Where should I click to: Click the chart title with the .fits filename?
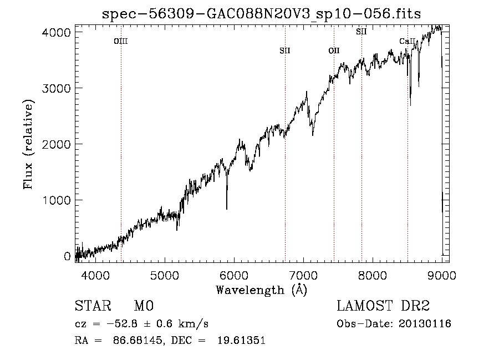(x=261, y=14)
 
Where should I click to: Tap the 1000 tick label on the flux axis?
(x=56, y=200)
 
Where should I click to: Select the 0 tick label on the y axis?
(x=67, y=256)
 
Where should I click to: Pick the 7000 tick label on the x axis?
(x=303, y=275)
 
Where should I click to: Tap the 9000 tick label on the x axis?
(x=442, y=275)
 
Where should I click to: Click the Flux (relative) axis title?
(x=28, y=145)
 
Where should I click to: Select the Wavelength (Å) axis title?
(x=262, y=290)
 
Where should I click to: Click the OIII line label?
(x=121, y=41)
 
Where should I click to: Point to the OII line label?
(x=334, y=50)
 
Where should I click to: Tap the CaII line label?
(x=408, y=41)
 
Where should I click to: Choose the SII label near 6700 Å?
(x=285, y=50)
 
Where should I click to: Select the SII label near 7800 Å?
(x=361, y=32)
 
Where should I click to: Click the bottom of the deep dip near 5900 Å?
(x=227, y=209)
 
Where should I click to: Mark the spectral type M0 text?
(x=144, y=306)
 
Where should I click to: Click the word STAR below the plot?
(x=93, y=306)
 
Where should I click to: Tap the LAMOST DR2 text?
(x=383, y=306)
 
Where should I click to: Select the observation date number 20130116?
(x=425, y=324)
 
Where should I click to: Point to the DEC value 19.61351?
(x=241, y=340)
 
